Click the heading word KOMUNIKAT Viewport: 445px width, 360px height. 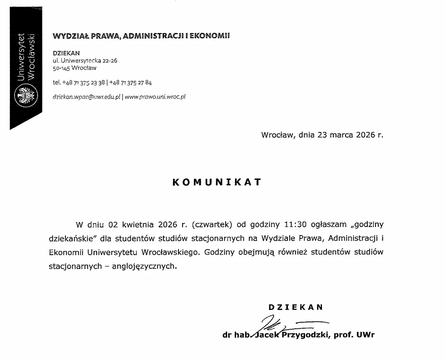pyautogui.click(x=217, y=182)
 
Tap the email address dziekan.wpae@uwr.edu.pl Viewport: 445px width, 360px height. pyautogui.click(x=86, y=97)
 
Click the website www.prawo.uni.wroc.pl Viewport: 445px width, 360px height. pyautogui.click(x=155, y=97)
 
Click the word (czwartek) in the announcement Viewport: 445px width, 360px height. pyautogui.click(x=213, y=224)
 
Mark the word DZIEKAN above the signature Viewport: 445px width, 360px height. pyautogui.click(x=296, y=307)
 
